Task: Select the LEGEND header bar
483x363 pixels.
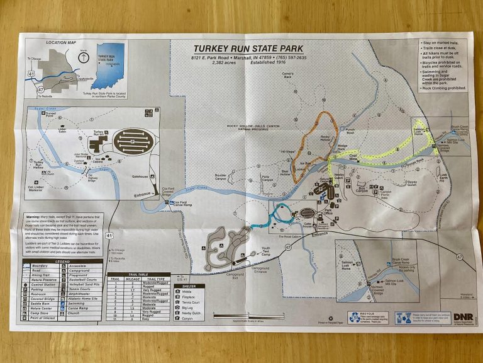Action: (62, 262)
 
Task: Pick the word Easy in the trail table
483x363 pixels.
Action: (154, 320)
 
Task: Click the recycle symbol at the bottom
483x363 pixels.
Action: (354, 317)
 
